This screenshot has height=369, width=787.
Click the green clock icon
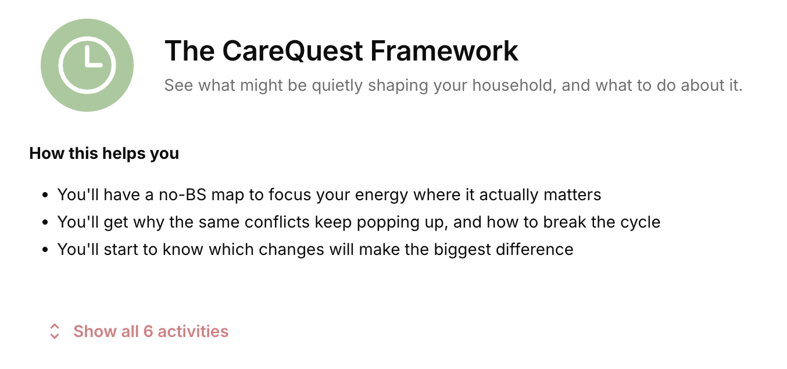point(87,65)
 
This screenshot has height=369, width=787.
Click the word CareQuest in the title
point(293,51)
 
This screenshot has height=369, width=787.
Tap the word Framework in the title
point(444,51)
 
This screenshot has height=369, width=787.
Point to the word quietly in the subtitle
point(337,86)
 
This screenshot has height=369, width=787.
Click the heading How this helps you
point(104,154)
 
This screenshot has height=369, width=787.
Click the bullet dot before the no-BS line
point(45,195)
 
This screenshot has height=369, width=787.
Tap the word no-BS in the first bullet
point(183,195)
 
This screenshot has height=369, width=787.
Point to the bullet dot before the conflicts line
point(45,222)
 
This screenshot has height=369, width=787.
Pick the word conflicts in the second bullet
point(277,222)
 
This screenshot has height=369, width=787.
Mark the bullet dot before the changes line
point(45,250)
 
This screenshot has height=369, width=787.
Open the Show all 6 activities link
point(151,331)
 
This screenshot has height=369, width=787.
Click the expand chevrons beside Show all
point(55,331)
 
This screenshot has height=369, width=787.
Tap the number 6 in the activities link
point(148,331)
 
